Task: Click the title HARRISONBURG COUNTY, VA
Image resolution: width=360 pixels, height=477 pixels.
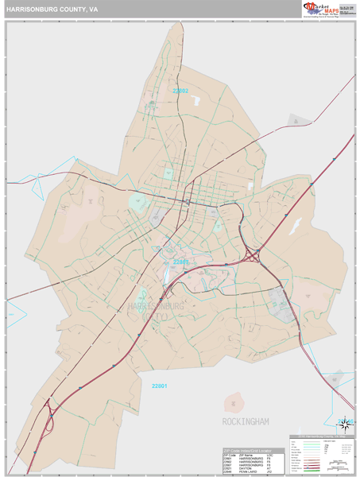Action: (x=52, y=10)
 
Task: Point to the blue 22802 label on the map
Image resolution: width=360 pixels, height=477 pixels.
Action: (x=180, y=91)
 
